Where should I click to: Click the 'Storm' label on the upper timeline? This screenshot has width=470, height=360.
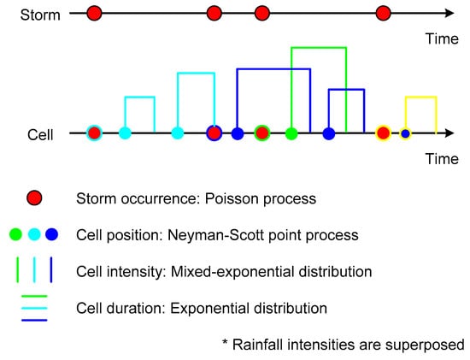pos(40,15)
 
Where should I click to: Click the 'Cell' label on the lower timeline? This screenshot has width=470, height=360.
pos(40,135)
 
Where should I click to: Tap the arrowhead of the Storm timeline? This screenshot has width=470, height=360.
pos(449,13)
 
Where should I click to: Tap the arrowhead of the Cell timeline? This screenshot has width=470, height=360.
pos(449,133)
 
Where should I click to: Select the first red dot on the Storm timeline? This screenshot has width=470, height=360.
pos(94,14)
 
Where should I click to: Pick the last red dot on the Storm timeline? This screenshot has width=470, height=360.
pos(383,14)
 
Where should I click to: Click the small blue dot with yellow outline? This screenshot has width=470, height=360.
pos(405,133)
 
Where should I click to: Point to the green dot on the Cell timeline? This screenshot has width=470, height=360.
pos(291,133)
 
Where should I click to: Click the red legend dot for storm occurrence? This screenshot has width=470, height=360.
pos(34,198)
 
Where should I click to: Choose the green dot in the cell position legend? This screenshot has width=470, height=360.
pos(15,234)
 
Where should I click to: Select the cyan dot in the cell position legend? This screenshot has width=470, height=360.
pos(34,234)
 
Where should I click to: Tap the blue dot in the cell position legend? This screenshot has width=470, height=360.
pos(52,234)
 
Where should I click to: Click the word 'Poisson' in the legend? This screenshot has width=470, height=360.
pos(227,198)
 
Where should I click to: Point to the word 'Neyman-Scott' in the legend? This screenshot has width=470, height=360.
pos(216,235)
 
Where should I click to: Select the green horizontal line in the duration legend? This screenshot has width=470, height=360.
pos(34,296)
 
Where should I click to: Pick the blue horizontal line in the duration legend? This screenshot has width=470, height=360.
pos(34,320)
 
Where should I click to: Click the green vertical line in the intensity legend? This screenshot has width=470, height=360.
pos(17,269)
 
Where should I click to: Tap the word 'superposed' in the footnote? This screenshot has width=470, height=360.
pos(425,345)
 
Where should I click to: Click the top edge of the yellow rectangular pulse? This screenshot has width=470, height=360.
pos(420,97)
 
